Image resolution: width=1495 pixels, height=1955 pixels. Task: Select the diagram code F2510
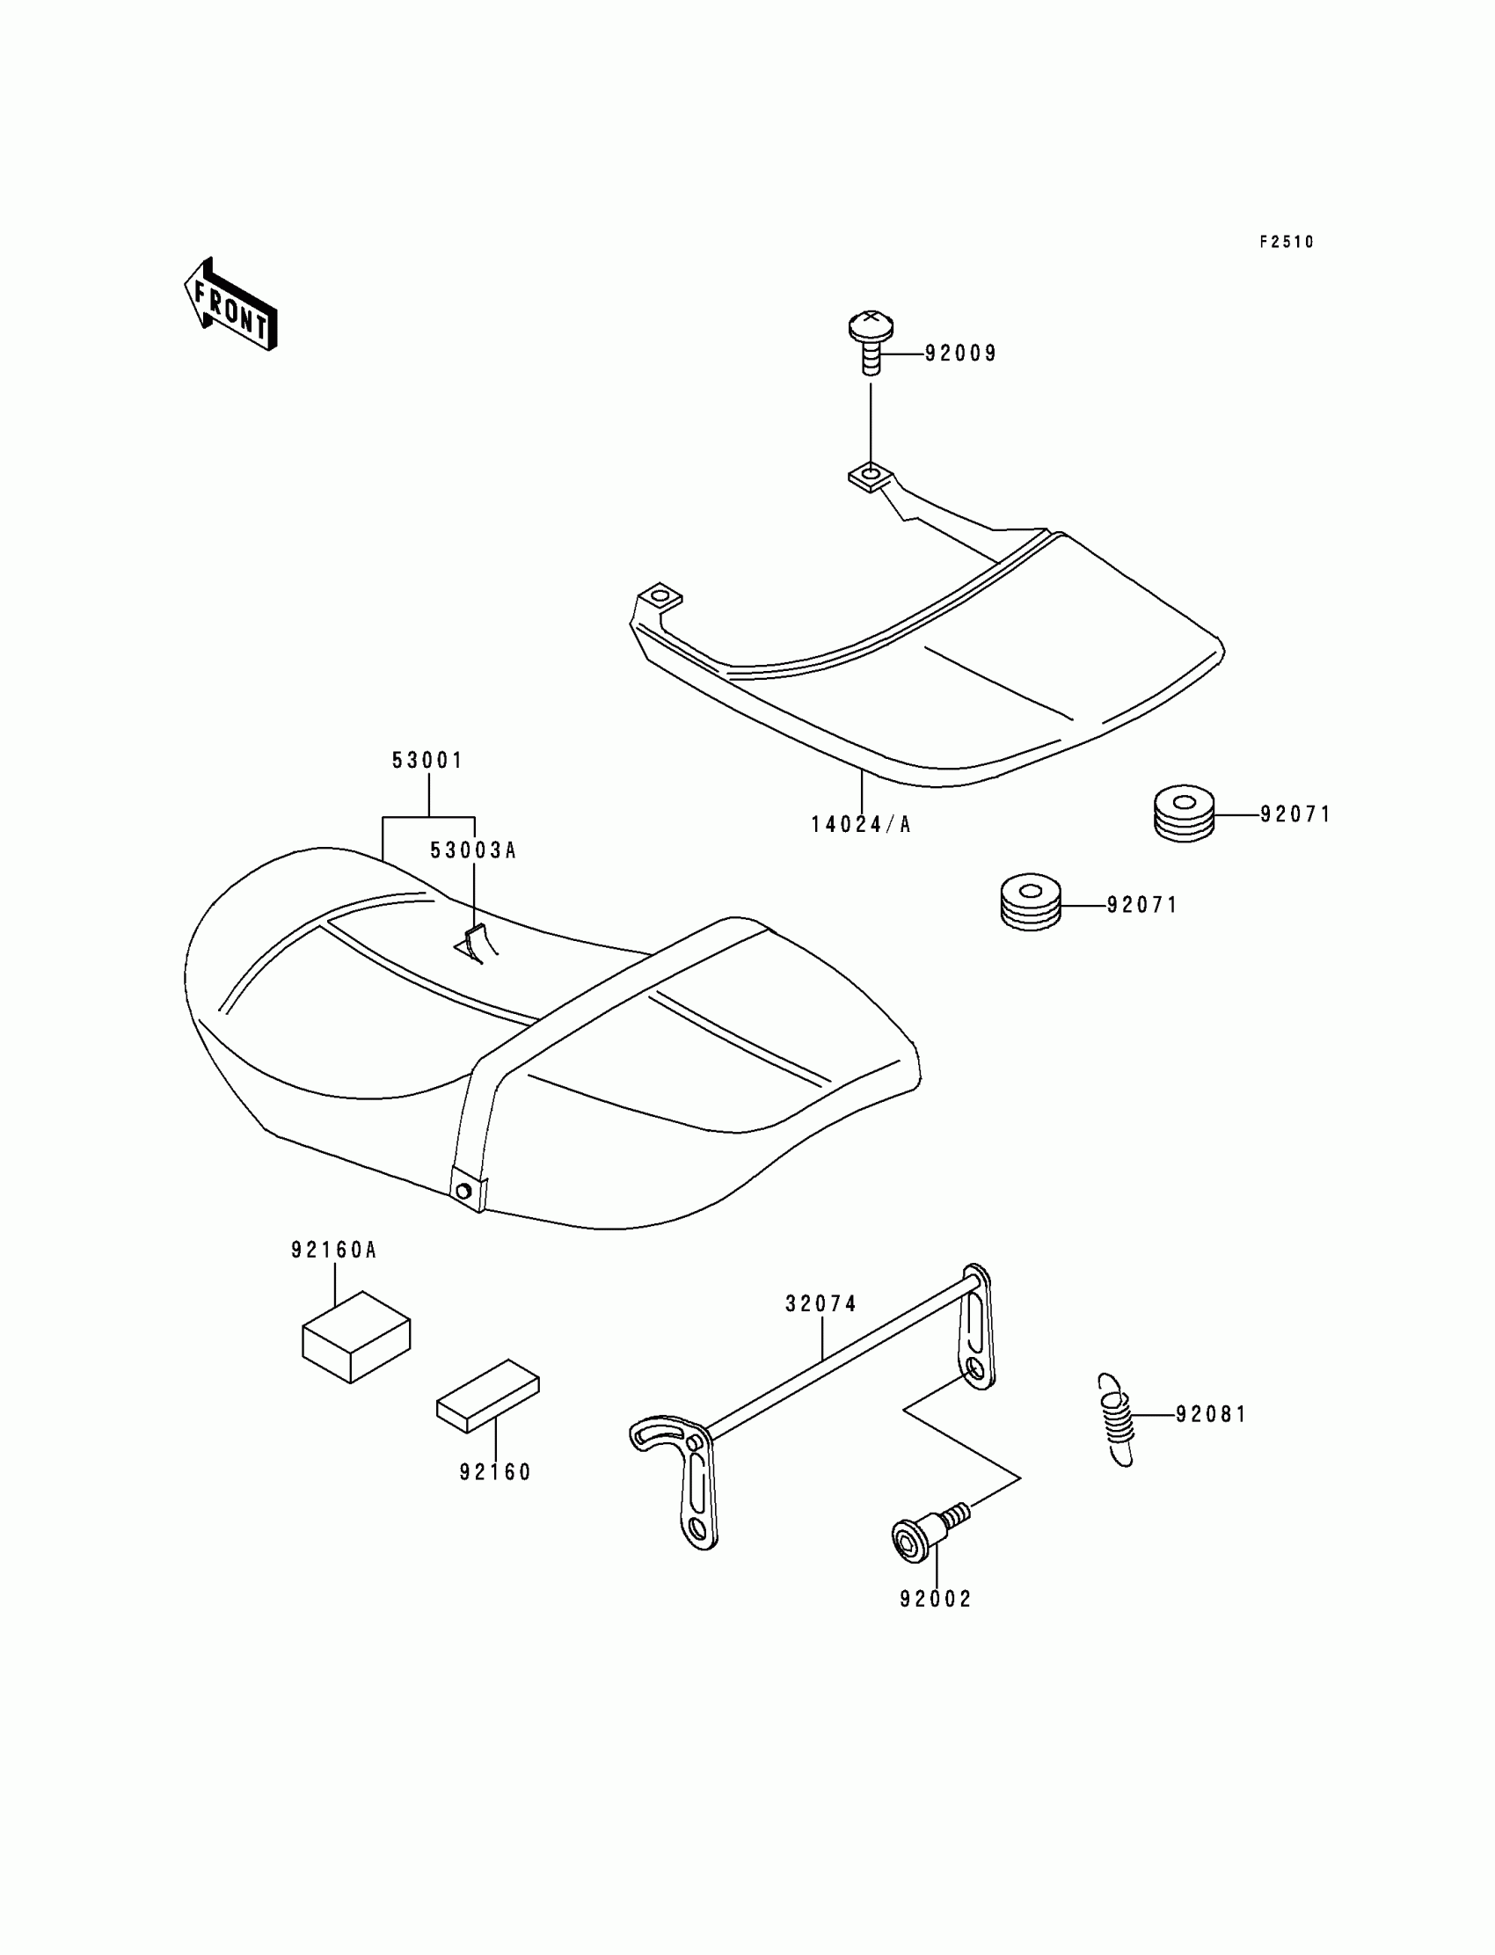coord(1286,242)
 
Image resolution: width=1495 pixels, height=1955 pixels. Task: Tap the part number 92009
coord(961,354)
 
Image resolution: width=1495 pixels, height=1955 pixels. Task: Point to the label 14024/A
coord(861,825)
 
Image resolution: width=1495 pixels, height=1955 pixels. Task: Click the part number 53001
coord(428,761)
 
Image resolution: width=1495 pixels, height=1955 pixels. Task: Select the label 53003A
coord(472,850)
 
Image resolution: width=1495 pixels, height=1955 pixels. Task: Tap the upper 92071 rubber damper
coord(1184,813)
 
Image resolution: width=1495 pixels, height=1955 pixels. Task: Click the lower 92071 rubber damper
coord(1031,902)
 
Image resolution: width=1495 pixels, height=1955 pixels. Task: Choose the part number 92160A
coord(334,1251)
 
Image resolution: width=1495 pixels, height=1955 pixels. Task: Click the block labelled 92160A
coord(356,1337)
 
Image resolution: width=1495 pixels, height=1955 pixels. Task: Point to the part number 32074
coord(821,1303)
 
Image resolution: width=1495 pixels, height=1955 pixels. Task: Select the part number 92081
coord(1211,1415)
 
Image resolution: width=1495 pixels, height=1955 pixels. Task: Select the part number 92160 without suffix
coord(495,1473)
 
